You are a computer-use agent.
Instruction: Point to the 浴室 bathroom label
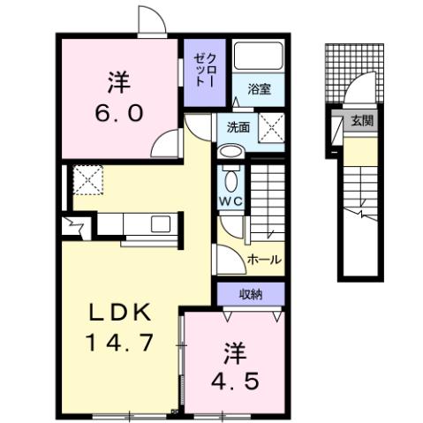point(258,88)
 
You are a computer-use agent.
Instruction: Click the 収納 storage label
point(251,293)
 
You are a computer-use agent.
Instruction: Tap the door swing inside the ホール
point(226,259)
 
